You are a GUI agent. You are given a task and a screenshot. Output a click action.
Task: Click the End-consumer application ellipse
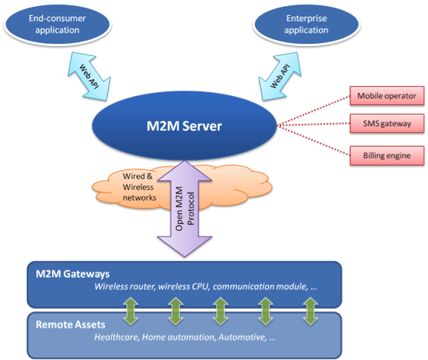(57, 24)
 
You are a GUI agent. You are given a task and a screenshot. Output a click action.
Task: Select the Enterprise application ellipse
(306, 24)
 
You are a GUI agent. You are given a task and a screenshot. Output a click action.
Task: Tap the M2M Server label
(185, 126)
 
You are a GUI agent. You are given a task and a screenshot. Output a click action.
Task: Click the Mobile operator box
(387, 96)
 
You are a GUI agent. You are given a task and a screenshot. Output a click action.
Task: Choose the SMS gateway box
(387, 123)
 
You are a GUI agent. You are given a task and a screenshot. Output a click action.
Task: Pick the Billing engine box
(387, 156)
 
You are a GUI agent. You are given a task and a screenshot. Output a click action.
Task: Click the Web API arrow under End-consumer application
(89, 76)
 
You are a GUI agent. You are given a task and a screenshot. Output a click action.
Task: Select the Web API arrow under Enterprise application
(280, 76)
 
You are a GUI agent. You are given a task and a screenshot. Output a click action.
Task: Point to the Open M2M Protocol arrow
(185, 209)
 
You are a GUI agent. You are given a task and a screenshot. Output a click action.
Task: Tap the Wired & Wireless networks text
(139, 187)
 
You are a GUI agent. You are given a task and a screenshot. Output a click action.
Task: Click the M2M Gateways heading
(73, 274)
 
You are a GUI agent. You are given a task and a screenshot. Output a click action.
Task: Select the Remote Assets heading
(70, 324)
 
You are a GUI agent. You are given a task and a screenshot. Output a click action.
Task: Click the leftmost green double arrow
(131, 311)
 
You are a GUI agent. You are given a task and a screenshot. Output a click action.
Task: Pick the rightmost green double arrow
(311, 311)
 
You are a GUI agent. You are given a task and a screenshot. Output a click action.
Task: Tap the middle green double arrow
(221, 311)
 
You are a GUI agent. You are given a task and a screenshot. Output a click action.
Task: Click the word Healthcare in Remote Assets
(117, 337)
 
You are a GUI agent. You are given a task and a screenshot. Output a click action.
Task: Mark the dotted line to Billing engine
(313, 141)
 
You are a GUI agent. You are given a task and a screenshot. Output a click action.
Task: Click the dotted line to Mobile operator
(313, 111)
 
